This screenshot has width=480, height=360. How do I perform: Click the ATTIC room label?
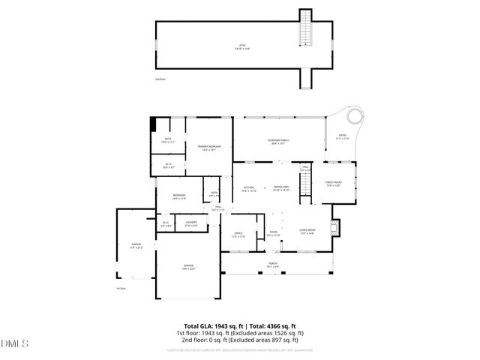[x=242, y=46]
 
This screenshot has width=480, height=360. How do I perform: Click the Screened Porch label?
[x=279, y=141]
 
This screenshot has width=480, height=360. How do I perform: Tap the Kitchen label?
[x=248, y=188]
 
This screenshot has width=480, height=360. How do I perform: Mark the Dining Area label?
[x=281, y=188]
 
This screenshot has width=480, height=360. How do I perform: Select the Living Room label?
[x=307, y=232]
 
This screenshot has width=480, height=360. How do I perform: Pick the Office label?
[x=238, y=235]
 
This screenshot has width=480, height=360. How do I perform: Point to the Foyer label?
[x=274, y=234]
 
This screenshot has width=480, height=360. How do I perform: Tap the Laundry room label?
[x=191, y=223]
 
